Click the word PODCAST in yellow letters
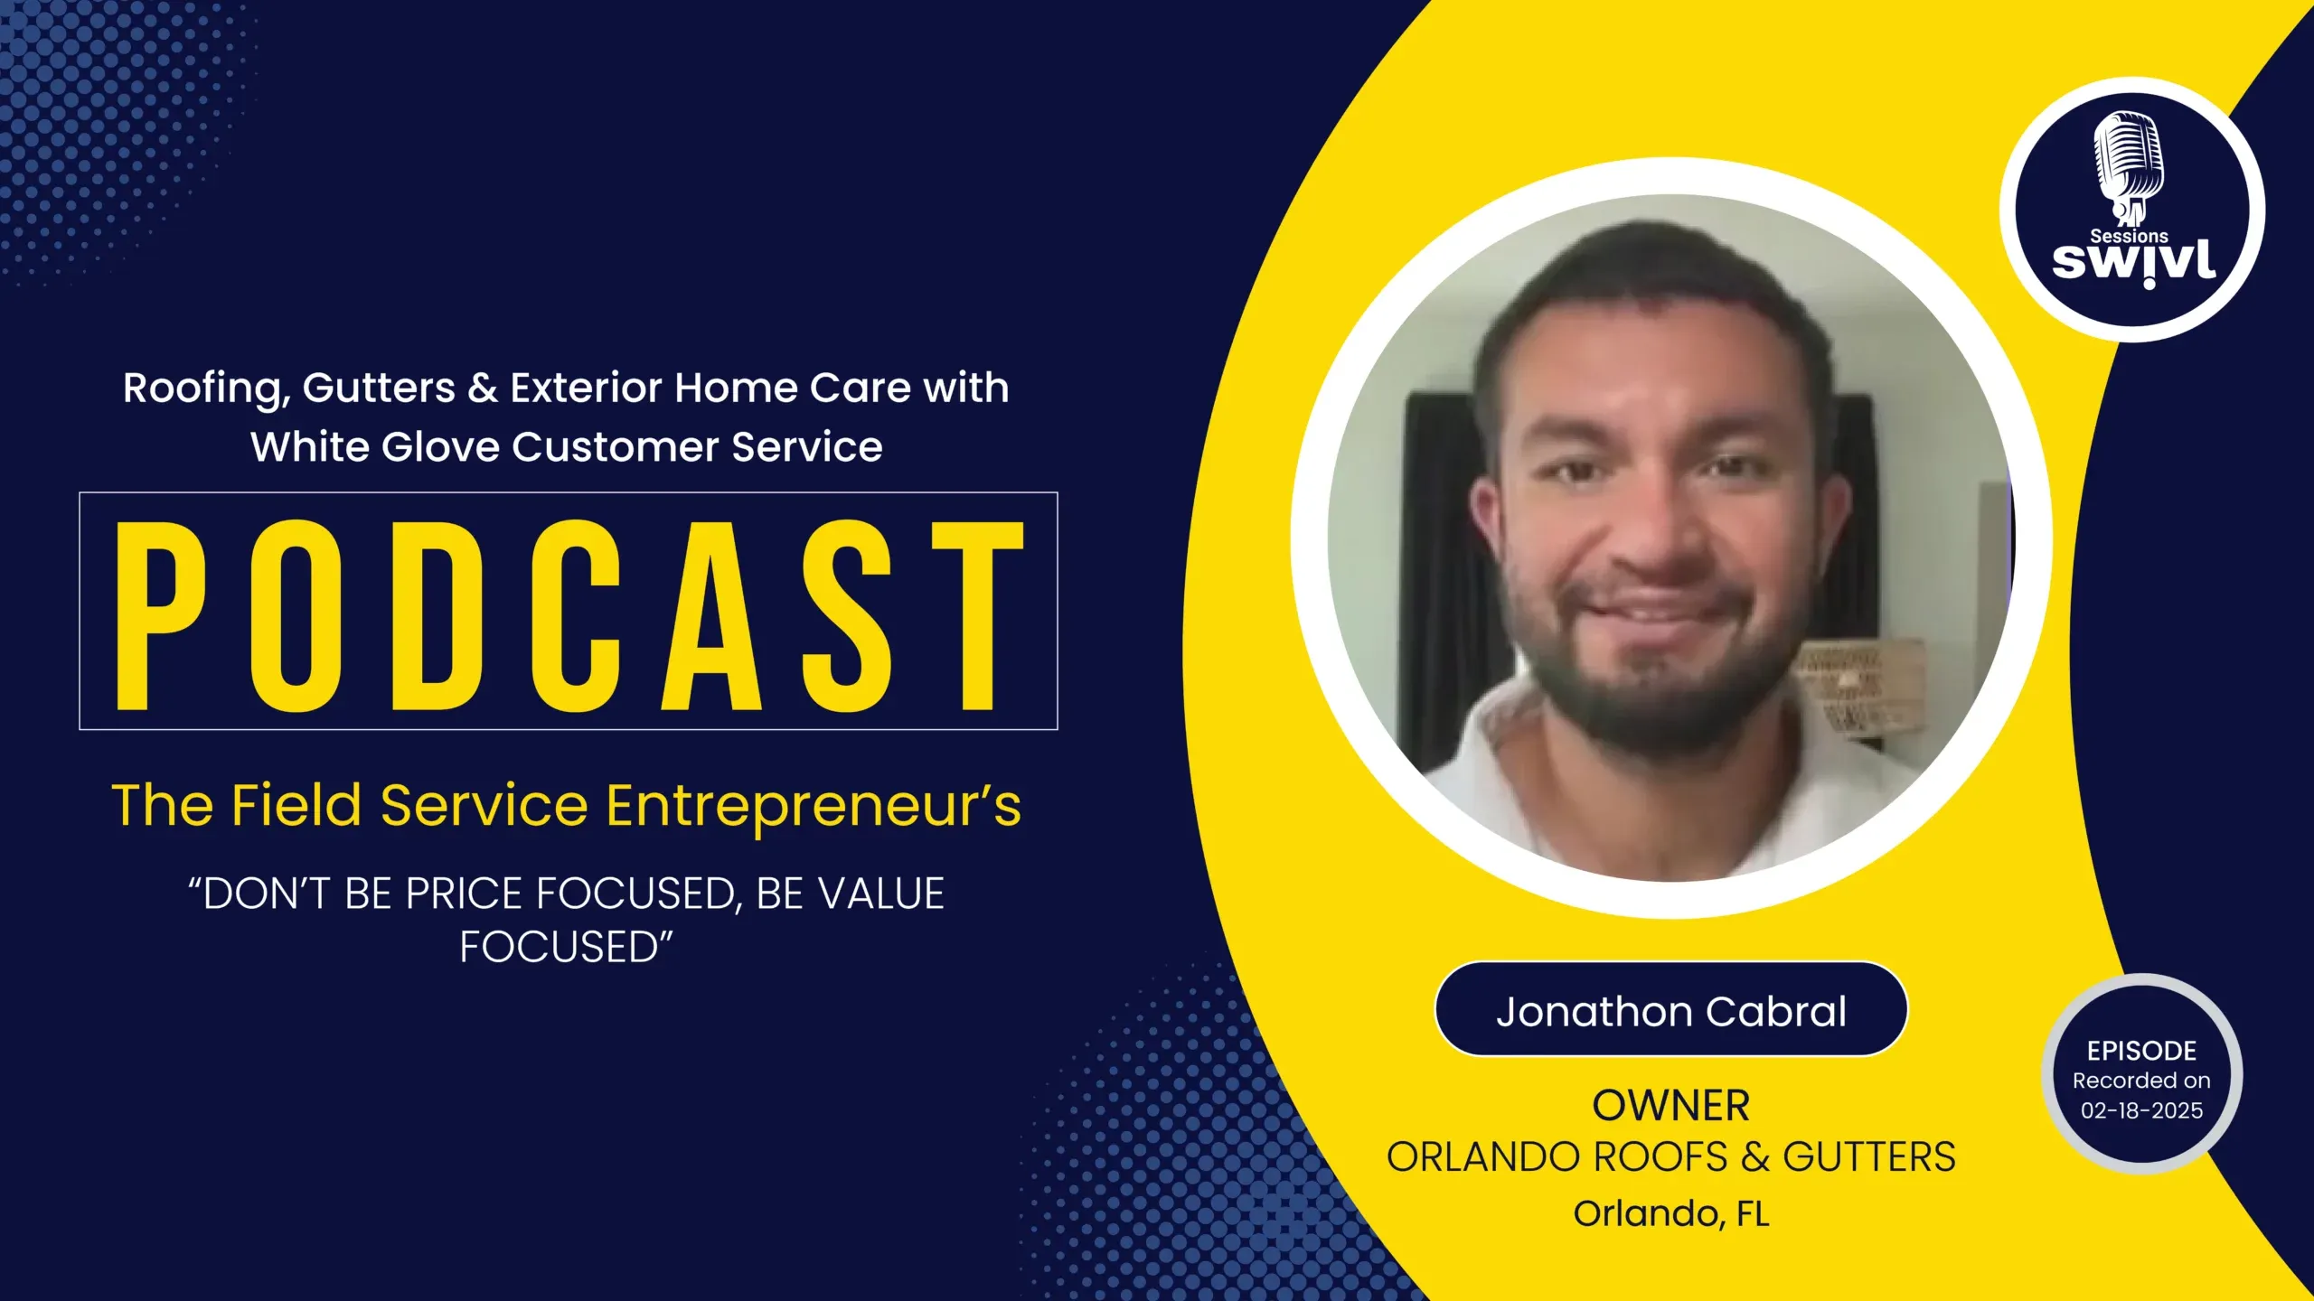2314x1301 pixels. coord(570,615)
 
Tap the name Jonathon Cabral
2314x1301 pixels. coord(1671,1011)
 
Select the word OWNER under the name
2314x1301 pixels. coord(1671,1106)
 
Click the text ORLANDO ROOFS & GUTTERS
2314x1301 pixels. coord(1671,1157)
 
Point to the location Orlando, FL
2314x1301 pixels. coord(1671,1214)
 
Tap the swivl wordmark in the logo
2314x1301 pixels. coord(2133,262)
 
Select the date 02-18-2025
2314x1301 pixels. coord(2141,1110)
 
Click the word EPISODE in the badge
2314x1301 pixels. coord(2141,1051)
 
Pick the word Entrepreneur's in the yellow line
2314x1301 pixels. coord(814,806)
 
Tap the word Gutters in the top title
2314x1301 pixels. coord(379,388)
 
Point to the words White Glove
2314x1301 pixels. coord(375,446)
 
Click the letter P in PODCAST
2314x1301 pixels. coord(162,615)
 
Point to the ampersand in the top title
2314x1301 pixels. coord(483,388)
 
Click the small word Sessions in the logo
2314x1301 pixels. coord(2129,236)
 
